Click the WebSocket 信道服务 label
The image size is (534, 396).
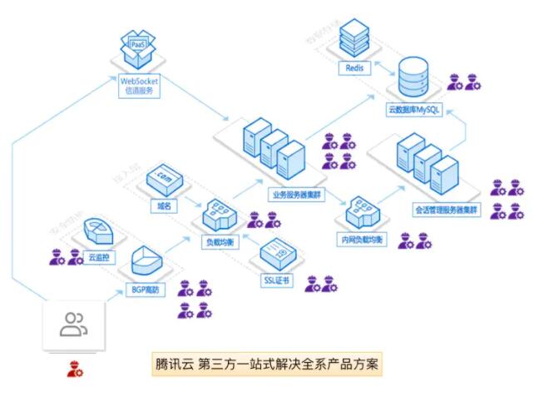[138, 86]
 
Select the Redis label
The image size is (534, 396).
[354, 67]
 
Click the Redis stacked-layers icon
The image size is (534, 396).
[354, 37]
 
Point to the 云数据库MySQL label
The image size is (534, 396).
[417, 110]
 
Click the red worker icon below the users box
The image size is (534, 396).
[75, 367]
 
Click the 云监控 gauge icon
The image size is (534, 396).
[99, 234]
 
